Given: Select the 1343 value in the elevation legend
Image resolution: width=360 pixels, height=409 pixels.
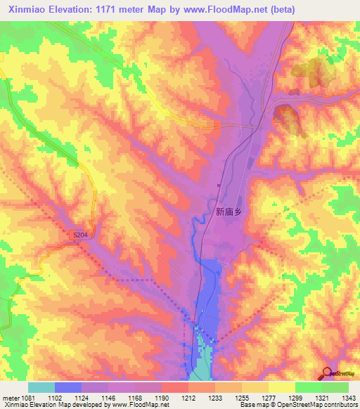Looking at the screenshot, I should coord(349,398).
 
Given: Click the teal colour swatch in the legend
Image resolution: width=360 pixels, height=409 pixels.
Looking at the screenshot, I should coord(41,387).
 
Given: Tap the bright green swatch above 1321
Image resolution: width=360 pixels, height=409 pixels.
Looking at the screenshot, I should coord(308,387).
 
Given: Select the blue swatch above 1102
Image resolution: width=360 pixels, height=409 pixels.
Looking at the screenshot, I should coord(68,387).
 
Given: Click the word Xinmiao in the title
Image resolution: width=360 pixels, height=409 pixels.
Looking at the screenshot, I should coord(27,9).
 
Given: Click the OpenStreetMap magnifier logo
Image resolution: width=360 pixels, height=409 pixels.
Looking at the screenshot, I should coord(326,372).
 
